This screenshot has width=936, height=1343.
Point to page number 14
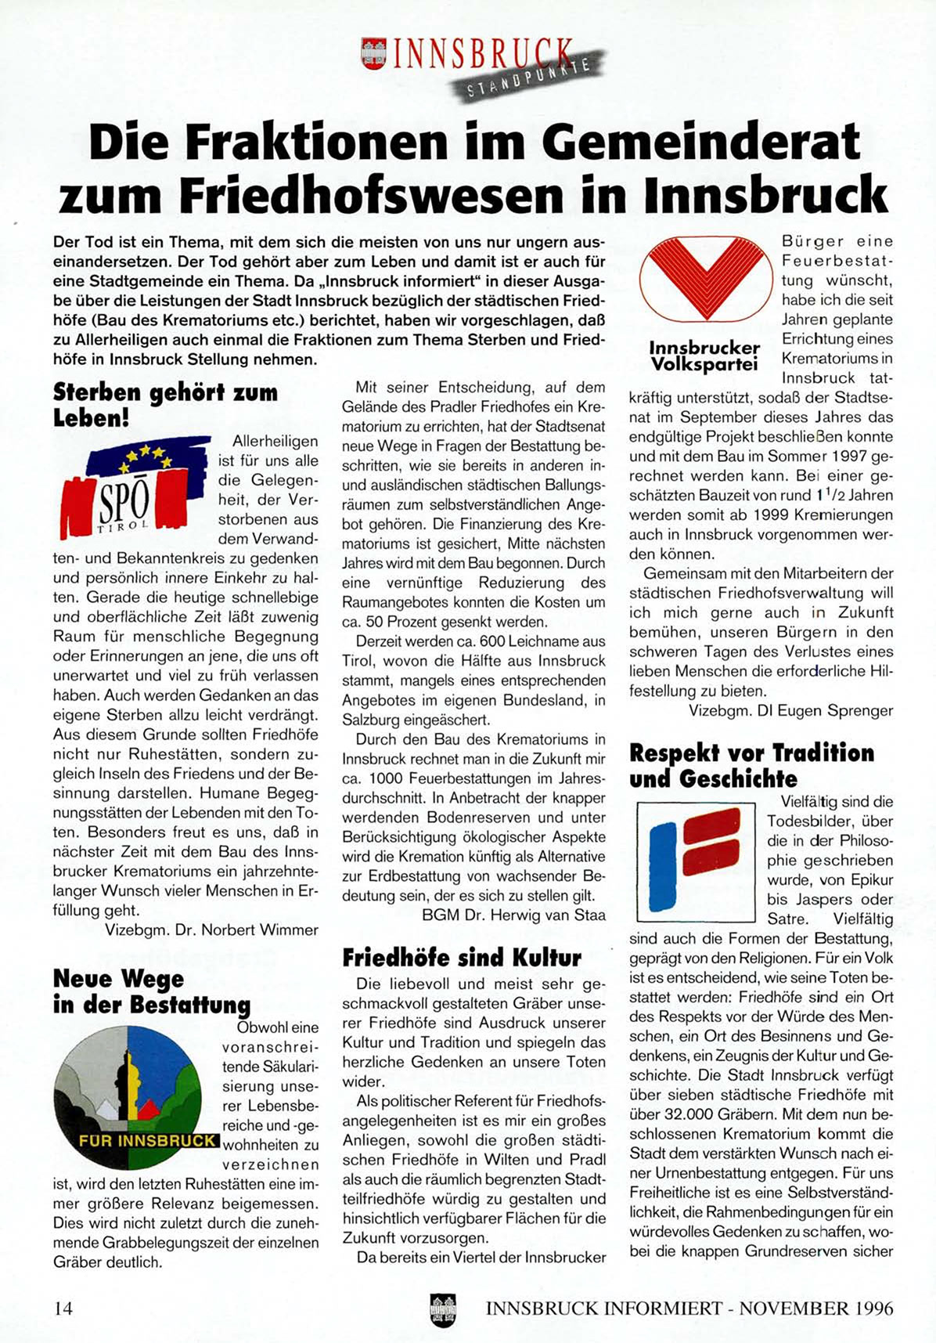click(x=63, y=1308)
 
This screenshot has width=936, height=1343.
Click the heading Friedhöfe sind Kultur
click(x=462, y=957)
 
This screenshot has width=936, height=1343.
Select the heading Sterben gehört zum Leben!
click(x=165, y=404)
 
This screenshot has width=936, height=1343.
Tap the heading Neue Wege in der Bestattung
click(x=152, y=991)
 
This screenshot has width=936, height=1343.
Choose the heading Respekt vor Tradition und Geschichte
click(x=751, y=765)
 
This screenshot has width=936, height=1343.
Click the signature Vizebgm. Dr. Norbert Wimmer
click(x=211, y=930)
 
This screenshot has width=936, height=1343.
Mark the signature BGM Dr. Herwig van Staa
click(x=513, y=915)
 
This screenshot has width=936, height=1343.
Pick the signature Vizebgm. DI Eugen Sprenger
click(x=790, y=710)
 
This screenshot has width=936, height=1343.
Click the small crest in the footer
click(x=443, y=1309)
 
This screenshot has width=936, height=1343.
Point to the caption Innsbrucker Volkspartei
click(x=704, y=356)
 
